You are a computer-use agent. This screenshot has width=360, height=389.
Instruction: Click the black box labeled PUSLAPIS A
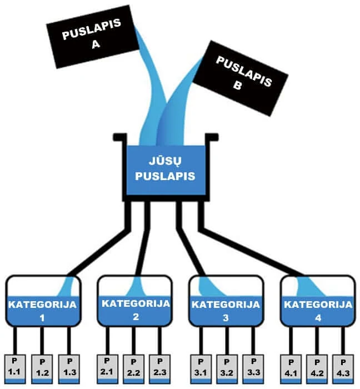point(93,37)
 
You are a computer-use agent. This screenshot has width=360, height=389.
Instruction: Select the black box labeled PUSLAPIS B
point(240,78)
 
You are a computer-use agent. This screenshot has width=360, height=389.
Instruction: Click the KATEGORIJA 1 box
point(43,301)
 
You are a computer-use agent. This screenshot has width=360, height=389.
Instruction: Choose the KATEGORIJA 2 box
point(134,301)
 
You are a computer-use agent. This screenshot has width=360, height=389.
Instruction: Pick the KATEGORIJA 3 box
point(226,301)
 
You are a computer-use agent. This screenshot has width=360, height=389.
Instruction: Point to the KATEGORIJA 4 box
point(318,301)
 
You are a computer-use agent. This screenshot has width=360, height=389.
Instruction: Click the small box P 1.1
point(14,369)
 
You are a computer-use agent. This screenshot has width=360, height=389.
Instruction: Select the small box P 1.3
point(69,369)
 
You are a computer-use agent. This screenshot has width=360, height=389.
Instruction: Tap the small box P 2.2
point(134,369)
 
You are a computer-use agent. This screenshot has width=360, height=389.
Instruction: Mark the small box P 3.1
point(201,369)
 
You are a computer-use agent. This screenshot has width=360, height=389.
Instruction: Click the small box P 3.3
point(253,369)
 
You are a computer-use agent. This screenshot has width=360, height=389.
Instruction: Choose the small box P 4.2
point(317,369)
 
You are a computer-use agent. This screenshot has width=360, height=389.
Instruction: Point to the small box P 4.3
point(343,369)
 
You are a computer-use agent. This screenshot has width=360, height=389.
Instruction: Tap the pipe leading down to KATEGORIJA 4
point(251,251)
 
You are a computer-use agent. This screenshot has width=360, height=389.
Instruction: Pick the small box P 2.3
point(160,369)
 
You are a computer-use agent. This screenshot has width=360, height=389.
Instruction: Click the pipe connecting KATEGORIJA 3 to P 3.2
point(227,341)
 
